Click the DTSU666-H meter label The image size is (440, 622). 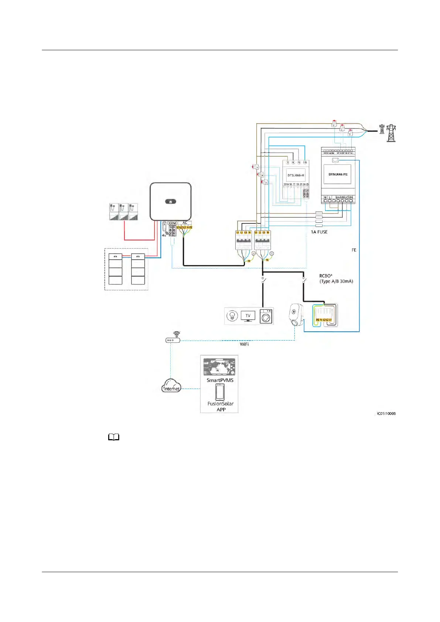tap(296, 175)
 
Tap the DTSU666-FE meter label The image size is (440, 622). tap(338, 174)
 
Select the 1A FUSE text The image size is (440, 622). tap(319, 232)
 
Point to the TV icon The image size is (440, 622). tap(248, 316)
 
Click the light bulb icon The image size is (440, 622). tap(232, 316)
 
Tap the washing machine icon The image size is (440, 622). tap(266, 316)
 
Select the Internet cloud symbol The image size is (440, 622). tap(171, 386)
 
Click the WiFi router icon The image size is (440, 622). tap(173, 338)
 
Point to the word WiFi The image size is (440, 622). tap(244, 344)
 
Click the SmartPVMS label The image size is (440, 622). tap(220, 380)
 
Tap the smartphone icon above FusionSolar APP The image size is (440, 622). tap(220, 392)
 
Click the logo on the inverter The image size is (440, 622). tap(170, 202)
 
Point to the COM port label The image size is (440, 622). tap(172, 223)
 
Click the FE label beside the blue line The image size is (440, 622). tap(354, 250)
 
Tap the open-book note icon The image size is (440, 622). tap(114, 438)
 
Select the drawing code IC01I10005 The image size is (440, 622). tap(386, 414)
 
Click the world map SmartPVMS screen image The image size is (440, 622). tap(219, 367)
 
